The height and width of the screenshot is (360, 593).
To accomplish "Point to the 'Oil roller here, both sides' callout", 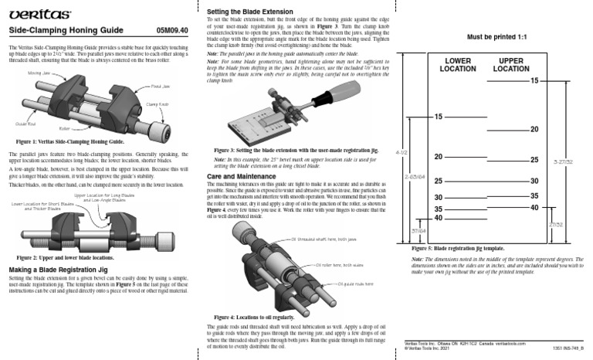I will (340, 264).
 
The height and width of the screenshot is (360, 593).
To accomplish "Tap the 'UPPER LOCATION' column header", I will (510, 64).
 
